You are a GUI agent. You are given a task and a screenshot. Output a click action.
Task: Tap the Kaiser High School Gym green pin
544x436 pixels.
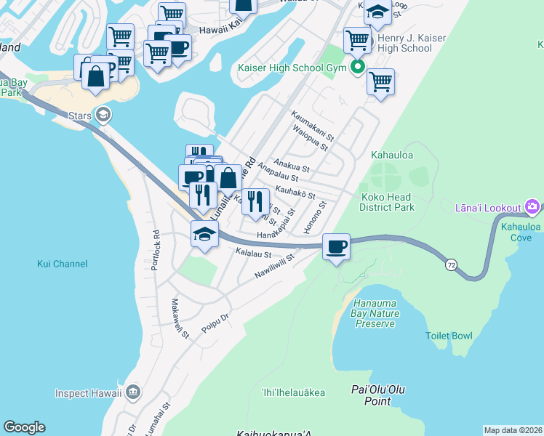pos(357,70)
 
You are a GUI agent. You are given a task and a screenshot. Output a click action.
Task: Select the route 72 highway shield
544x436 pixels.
pos(452,266)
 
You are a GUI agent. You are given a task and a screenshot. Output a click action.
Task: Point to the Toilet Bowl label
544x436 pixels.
pos(449,336)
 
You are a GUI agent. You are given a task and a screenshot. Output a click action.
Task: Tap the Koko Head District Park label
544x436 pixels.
pos(386,202)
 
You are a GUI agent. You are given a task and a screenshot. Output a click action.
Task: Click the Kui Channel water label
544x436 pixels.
pos(62,264)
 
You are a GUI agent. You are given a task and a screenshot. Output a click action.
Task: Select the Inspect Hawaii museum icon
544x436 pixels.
pos(132,393)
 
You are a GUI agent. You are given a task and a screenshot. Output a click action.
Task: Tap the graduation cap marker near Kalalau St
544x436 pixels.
pos(204,234)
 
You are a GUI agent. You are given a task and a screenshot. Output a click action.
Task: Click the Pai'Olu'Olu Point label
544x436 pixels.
pos(377,396)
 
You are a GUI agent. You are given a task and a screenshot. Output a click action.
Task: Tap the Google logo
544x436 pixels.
pos(24,427)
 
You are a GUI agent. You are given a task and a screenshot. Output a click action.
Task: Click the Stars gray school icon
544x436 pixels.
pos(103,114)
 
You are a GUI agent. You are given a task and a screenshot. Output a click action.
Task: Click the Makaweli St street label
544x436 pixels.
pos(180,319)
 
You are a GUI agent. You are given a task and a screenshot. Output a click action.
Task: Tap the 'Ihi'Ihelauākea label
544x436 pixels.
pos(292,393)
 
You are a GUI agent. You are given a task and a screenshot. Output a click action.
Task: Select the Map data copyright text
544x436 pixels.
pos(512,430)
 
